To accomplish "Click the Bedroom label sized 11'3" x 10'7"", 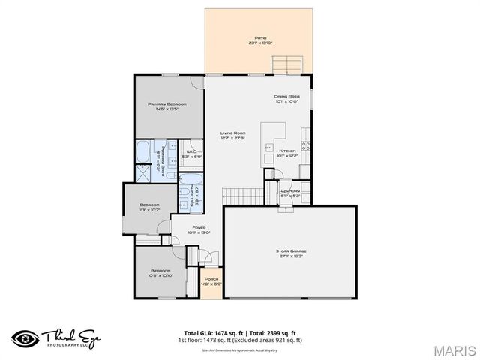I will (x=150, y=208).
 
